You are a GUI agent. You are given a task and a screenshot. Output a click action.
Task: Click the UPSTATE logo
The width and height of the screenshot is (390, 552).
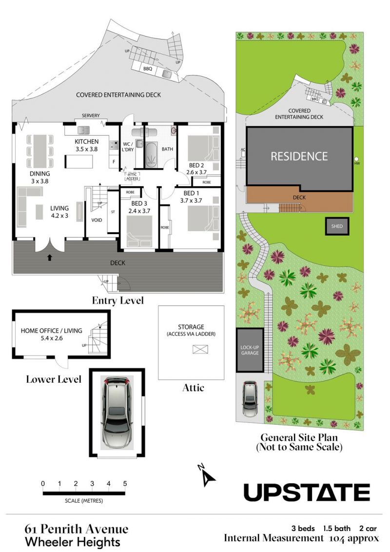307,492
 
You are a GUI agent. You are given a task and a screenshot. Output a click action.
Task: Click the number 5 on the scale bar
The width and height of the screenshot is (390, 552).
125,483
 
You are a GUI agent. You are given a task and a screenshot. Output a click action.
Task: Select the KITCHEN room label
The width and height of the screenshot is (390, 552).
87,141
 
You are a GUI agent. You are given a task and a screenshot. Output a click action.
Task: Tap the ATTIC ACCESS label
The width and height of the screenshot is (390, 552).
132,177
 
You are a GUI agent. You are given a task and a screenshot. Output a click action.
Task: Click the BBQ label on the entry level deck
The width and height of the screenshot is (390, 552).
148,69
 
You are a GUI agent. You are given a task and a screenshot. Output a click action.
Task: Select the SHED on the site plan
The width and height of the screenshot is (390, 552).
337,226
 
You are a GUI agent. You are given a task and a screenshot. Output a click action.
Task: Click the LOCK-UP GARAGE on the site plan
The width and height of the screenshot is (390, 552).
250,350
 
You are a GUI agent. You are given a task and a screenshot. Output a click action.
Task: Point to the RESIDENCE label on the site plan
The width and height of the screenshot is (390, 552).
299,157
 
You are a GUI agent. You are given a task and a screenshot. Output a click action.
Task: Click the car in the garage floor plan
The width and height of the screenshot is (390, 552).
117,412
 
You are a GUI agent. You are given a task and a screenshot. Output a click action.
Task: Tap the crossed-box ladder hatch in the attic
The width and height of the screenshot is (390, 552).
200,349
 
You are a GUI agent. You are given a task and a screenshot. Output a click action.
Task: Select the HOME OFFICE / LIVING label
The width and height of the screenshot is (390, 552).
51,331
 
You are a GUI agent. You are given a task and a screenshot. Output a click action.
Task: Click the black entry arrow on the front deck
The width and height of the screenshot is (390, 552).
50,257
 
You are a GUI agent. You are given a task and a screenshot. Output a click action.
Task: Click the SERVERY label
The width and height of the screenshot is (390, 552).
91,116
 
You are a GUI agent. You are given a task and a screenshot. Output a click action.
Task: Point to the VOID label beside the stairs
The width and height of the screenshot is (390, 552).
97,220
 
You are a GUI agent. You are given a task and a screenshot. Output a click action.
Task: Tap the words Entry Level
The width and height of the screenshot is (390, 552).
118,301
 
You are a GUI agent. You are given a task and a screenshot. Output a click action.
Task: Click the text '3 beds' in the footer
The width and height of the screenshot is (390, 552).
303,529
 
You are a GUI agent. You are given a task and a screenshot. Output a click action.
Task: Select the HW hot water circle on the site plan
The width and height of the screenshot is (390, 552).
356,159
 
